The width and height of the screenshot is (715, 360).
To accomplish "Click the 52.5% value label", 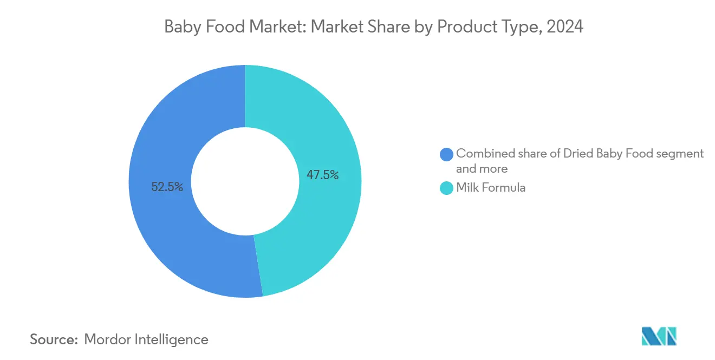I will point(167,187).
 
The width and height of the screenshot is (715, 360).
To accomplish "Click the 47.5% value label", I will point(322,175).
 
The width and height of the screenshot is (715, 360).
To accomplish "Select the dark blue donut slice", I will point(162,227).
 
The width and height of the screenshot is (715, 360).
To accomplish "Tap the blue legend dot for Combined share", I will point(447,154).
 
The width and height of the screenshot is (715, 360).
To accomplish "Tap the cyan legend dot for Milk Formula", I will point(447,188).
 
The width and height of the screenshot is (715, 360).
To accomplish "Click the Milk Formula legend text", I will point(491,188).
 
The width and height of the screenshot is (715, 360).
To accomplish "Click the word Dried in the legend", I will point(578,154).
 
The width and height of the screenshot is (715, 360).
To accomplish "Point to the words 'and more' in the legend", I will point(482,169).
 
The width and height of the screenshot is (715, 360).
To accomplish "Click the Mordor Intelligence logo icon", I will point(659,336).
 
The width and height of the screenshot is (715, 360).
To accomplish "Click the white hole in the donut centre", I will point(245,181).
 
